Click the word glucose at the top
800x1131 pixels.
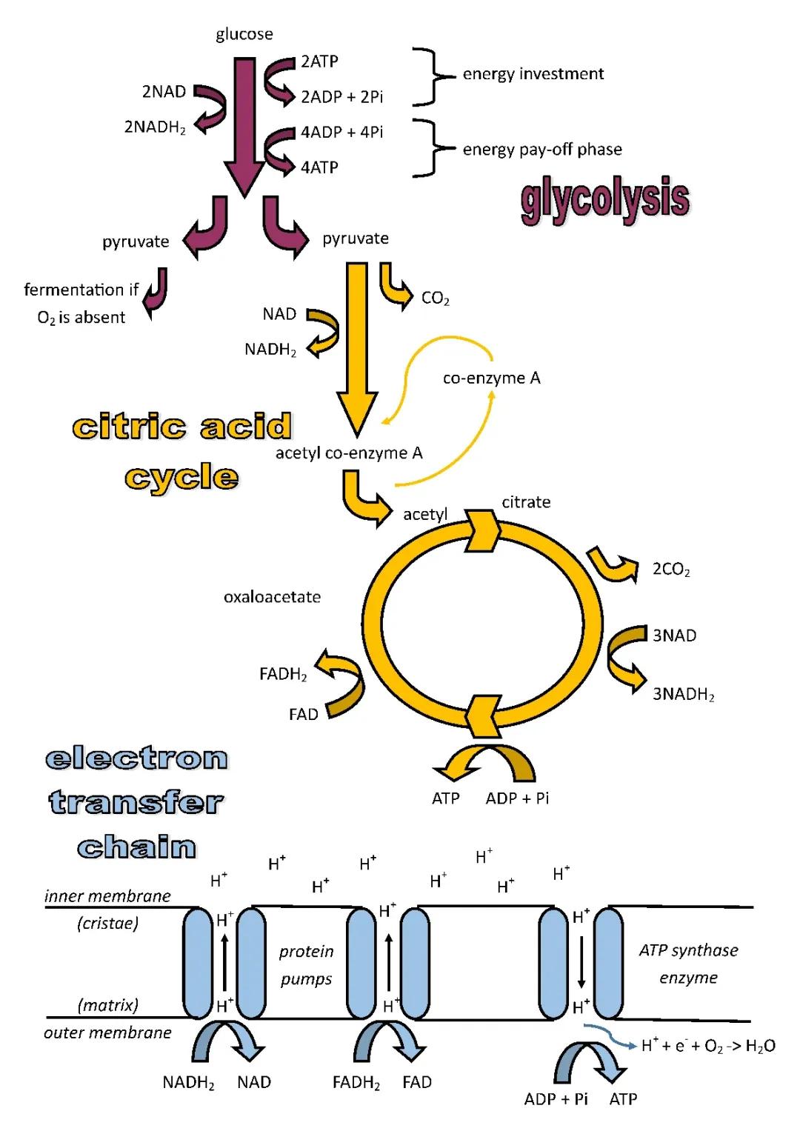click(244, 34)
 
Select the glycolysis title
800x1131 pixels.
click(604, 199)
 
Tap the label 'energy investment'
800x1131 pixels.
click(533, 74)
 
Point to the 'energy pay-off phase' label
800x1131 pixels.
click(541, 150)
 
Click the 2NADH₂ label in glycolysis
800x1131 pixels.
click(154, 127)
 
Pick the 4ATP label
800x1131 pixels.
click(319, 167)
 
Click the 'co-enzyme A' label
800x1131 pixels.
click(491, 378)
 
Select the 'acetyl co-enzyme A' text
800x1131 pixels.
click(349, 453)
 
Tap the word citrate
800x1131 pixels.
click(526, 502)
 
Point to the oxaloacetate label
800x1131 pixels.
click(272, 597)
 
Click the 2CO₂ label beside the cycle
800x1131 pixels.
click(670, 570)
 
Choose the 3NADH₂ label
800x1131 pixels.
click(683, 694)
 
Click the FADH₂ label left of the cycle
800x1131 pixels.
click(283, 674)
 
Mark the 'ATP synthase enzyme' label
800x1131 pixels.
click(688, 964)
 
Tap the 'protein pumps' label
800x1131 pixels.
click(306, 965)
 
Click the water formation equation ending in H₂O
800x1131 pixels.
click(707, 1046)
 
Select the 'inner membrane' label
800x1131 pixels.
click(107, 896)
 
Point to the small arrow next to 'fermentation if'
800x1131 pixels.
click(156, 293)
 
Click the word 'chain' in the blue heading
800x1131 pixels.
click(137, 847)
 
